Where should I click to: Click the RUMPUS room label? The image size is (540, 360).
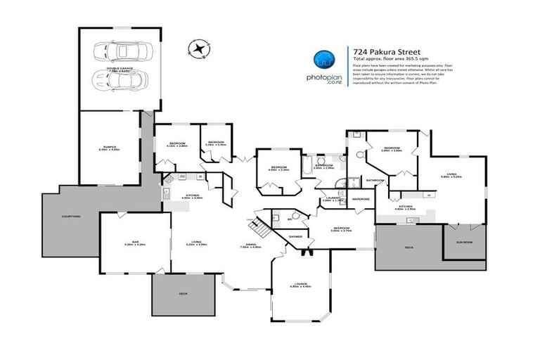click(109, 147)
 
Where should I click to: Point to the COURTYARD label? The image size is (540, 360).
click(71, 216)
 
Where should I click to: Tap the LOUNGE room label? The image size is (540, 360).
click(301, 284)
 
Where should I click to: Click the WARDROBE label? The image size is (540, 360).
click(361, 199)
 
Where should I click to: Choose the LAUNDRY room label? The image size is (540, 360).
click(331, 198)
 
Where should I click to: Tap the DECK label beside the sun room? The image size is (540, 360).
click(409, 247)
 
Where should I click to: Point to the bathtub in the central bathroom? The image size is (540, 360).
click(307, 166)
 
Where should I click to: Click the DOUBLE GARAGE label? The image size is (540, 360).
click(120, 69)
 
